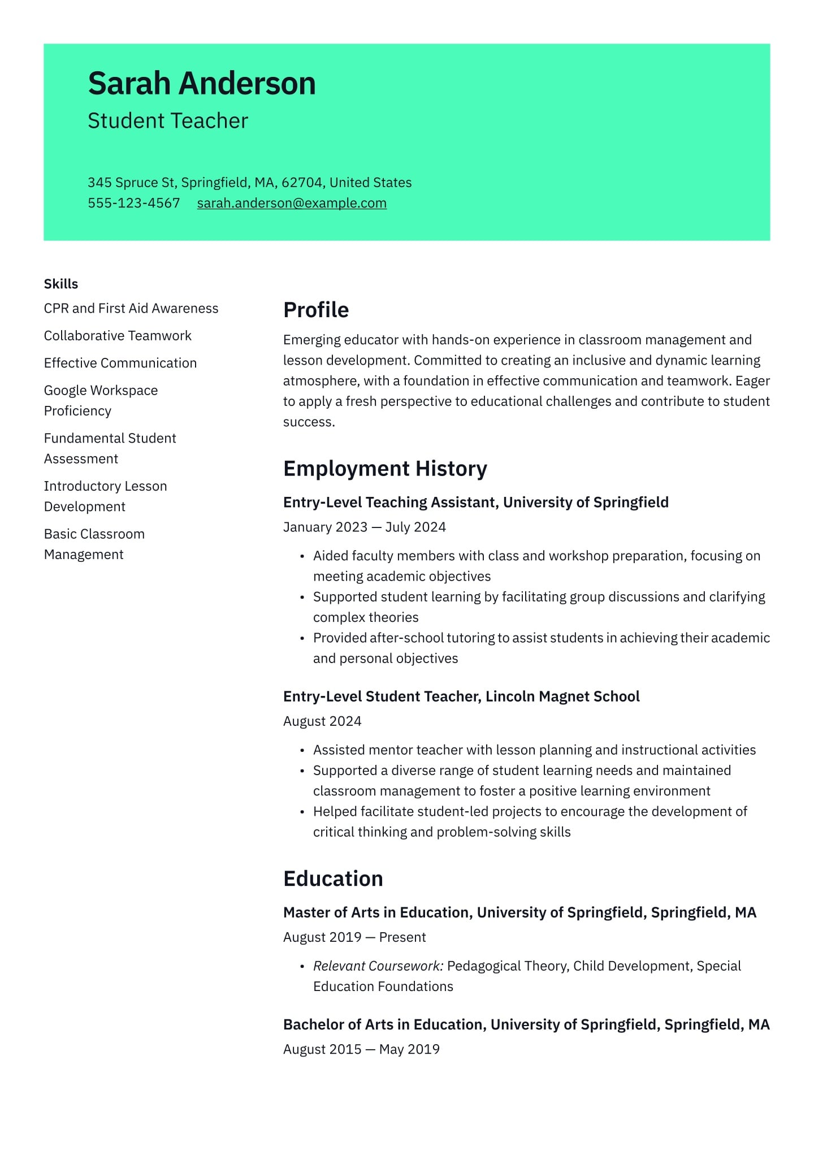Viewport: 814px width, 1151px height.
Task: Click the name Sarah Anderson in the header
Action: click(x=201, y=84)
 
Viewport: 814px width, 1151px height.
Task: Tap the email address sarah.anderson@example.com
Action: click(x=292, y=203)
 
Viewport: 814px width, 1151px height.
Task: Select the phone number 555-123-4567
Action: click(x=133, y=203)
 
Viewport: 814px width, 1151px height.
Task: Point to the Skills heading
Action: click(x=61, y=284)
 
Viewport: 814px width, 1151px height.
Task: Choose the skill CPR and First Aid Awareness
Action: click(x=131, y=308)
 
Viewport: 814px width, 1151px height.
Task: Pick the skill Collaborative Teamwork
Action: click(x=118, y=336)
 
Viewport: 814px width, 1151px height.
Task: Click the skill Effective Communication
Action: click(x=120, y=363)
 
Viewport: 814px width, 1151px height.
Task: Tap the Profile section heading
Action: click(x=315, y=310)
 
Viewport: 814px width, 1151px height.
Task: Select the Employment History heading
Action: click(x=385, y=469)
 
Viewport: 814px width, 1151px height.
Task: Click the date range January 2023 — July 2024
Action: click(x=364, y=527)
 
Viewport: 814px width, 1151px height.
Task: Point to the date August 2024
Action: click(x=322, y=721)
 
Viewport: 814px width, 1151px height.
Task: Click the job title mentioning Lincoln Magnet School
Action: click(x=461, y=696)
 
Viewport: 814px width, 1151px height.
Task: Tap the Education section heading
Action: click(x=333, y=879)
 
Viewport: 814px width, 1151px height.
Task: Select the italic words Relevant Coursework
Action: click(x=378, y=966)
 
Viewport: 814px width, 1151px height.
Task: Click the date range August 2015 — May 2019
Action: click(x=361, y=1049)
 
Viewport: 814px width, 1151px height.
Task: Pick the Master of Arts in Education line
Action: click(x=519, y=912)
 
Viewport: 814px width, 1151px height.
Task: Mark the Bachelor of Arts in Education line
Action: click(x=526, y=1024)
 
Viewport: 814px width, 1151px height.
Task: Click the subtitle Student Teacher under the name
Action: click(x=168, y=121)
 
